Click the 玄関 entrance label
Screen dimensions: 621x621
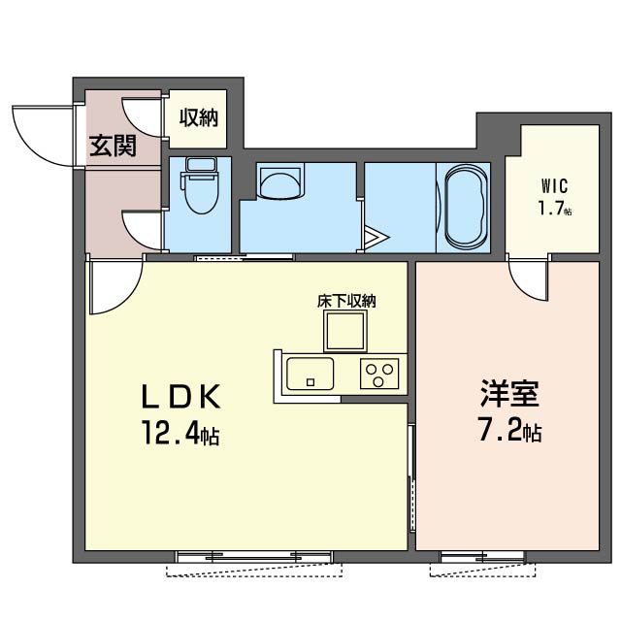point(113,147)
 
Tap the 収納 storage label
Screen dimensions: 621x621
point(199,118)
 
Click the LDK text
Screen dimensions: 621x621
point(184,396)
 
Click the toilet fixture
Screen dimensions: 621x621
point(201,188)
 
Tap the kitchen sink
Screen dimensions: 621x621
point(310,372)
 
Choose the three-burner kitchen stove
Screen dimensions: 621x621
point(379,373)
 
